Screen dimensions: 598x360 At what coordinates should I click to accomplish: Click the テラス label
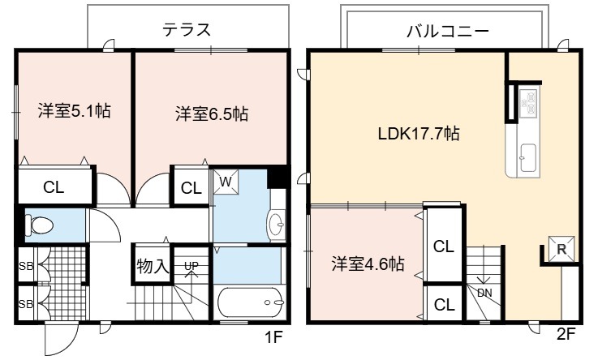(187, 29)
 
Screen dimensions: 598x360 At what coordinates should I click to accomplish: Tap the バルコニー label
(447, 32)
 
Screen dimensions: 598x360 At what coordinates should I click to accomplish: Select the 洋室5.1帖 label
(75, 111)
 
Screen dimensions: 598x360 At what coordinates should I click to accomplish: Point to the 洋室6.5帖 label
(212, 114)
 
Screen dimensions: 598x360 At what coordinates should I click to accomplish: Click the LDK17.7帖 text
(419, 134)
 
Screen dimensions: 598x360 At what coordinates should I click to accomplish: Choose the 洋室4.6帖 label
(368, 264)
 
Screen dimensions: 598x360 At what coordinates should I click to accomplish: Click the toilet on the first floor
(38, 225)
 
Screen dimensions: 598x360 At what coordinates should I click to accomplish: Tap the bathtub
(251, 302)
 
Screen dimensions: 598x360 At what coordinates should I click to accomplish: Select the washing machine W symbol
(226, 182)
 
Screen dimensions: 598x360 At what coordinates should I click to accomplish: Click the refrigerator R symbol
(561, 249)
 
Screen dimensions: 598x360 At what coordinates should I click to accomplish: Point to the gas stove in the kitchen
(528, 102)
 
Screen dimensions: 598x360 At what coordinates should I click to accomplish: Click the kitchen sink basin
(528, 158)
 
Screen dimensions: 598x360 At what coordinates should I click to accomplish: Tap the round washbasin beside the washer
(277, 225)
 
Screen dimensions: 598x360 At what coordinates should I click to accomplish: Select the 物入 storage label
(153, 266)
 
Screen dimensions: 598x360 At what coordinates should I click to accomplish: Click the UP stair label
(191, 265)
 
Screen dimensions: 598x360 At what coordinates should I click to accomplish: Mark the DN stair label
(484, 293)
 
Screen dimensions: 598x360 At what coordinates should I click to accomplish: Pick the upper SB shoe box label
(26, 266)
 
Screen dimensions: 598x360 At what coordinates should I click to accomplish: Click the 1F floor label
(273, 336)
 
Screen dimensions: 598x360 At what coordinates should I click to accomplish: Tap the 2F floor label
(566, 334)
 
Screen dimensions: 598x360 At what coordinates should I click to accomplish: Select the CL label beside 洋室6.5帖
(191, 188)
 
